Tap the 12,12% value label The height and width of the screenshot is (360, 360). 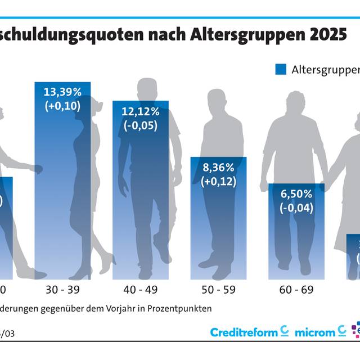(141, 111)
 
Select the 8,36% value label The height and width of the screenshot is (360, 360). (219, 167)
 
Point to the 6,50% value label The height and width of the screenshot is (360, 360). (296, 193)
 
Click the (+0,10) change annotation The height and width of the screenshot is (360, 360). (62, 105)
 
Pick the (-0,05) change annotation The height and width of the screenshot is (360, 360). (141, 125)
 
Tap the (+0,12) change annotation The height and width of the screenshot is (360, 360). (219, 181)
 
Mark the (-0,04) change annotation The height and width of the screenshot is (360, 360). (296, 208)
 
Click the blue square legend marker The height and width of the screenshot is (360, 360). (281, 69)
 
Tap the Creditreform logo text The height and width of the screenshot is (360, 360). (244, 332)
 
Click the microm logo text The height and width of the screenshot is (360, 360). (314, 332)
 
